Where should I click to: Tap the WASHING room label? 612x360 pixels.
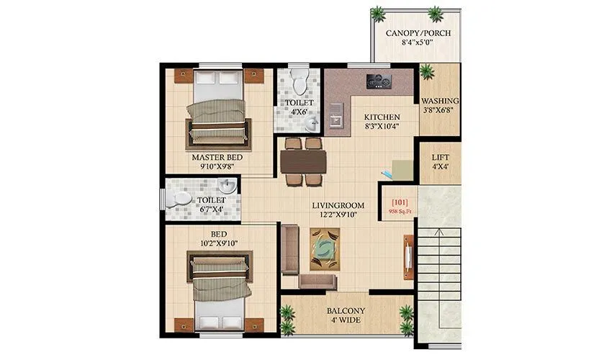(x=439, y=101)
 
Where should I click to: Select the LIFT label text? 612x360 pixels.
(x=440, y=156)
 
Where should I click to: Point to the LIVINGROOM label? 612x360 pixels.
(x=338, y=205)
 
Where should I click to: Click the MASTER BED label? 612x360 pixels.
(x=217, y=157)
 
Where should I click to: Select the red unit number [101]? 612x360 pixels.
(x=398, y=203)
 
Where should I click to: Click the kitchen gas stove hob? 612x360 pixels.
(x=379, y=81)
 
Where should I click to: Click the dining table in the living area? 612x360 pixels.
(x=303, y=162)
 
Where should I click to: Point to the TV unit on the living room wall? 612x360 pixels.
(x=408, y=256)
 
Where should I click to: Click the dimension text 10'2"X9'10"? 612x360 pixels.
(x=219, y=243)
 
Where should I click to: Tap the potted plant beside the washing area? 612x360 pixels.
(x=427, y=71)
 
